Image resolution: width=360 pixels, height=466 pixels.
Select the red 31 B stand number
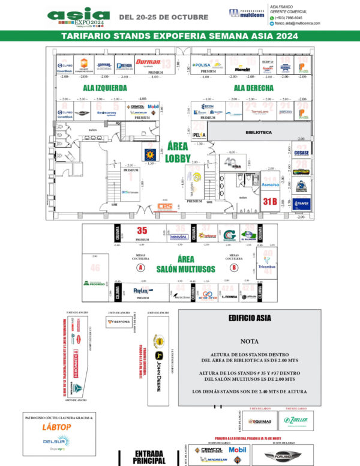click(x=271, y=202)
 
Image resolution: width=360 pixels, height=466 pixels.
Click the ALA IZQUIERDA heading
click(x=105, y=88)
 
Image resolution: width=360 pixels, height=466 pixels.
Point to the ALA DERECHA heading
click(x=253, y=88)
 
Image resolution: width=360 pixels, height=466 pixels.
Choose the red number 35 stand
click(x=142, y=230)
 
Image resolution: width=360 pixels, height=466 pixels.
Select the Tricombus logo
click(x=266, y=264)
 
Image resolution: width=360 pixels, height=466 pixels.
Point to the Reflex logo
click(x=140, y=291)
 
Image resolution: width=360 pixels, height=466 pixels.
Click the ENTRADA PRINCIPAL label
click(x=150, y=456)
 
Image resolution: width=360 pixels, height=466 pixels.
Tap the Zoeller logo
click(x=298, y=420)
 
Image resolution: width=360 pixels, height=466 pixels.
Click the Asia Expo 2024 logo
click(x=79, y=17)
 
